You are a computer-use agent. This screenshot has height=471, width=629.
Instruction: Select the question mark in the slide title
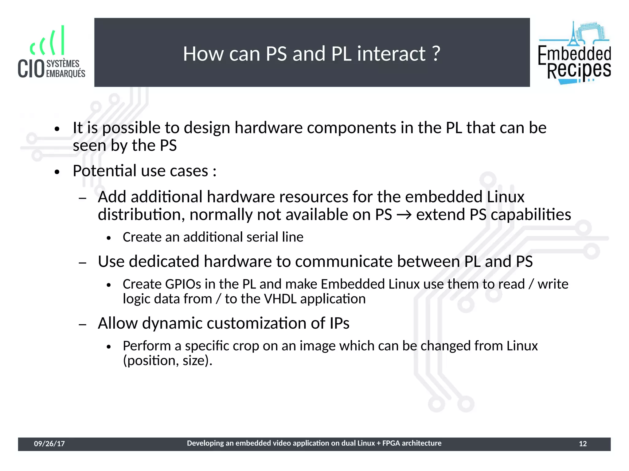436,54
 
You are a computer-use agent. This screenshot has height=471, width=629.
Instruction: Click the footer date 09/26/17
49,444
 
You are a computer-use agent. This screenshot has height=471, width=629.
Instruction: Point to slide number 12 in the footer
583,444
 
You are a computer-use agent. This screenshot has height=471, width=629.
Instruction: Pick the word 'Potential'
104,171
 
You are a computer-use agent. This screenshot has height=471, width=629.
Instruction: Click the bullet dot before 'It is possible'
57,129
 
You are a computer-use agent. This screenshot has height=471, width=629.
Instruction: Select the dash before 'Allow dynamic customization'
82,324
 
